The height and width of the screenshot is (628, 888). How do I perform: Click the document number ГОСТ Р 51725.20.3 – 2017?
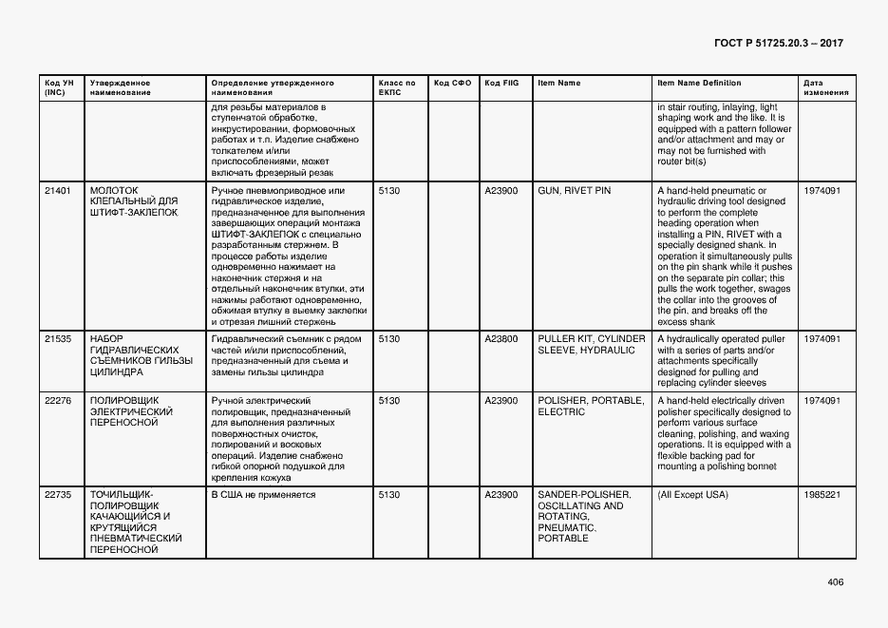point(778,44)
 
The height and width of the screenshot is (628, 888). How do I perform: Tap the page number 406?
point(835,582)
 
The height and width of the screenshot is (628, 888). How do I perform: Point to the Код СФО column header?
point(452,84)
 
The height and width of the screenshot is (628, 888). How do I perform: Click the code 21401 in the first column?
point(58,191)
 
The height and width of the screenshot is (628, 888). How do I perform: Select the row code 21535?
point(58,338)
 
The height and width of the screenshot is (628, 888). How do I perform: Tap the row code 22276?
point(58,401)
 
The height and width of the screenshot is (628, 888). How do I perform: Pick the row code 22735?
point(58,495)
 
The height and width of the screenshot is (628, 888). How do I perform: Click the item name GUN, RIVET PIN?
point(575,191)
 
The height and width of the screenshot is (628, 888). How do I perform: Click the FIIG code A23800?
point(501,338)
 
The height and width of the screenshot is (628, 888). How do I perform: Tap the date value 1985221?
point(822,495)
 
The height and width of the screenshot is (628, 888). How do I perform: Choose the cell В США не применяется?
point(263,495)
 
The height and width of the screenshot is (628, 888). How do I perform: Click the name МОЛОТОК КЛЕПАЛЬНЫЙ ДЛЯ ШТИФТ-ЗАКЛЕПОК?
point(133,201)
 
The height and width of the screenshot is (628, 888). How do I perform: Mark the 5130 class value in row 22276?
point(388,401)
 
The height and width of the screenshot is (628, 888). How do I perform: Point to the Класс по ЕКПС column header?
point(396,88)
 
